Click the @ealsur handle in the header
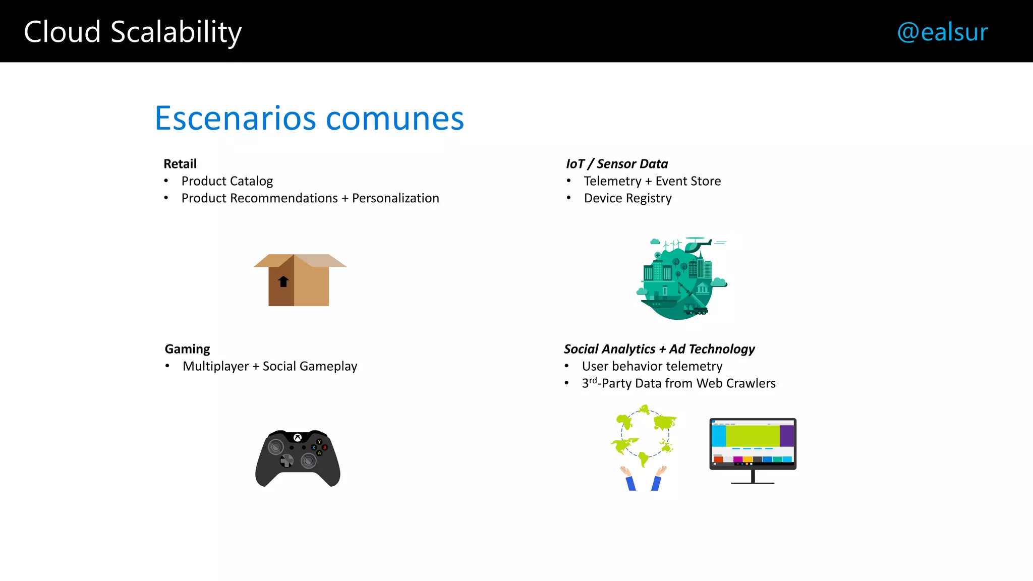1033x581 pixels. point(942,32)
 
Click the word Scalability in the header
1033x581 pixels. point(176,32)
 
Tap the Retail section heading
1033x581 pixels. point(180,164)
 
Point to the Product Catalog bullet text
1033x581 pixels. point(227,181)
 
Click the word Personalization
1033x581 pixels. point(395,198)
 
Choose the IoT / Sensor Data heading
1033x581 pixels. point(617,164)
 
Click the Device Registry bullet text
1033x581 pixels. point(627,198)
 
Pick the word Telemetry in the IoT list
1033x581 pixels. point(612,181)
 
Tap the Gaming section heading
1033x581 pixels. point(187,349)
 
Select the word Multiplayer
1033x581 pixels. point(215,366)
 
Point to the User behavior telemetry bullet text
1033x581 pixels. point(652,366)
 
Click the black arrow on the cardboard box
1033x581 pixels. point(283,281)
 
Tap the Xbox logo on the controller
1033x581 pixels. point(298,437)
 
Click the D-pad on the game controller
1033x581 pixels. point(286,460)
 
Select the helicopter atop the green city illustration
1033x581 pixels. point(697,244)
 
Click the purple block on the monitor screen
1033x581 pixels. point(787,436)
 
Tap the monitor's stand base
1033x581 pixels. point(753,483)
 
